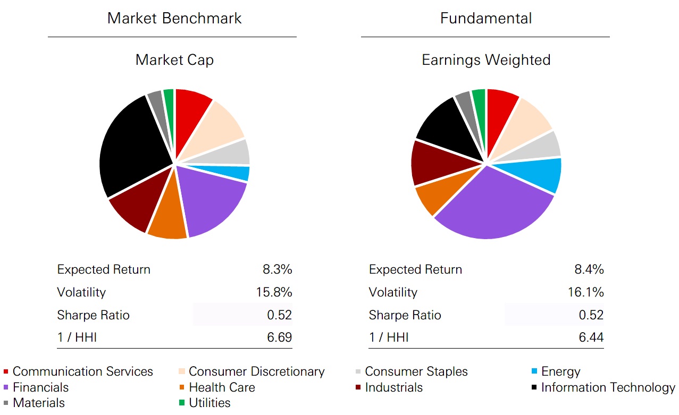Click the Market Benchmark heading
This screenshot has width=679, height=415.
tap(174, 18)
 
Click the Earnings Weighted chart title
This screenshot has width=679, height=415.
tap(486, 60)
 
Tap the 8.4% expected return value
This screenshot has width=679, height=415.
tap(589, 269)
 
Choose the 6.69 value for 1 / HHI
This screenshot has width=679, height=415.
tap(279, 337)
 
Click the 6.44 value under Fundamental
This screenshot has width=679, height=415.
tap(591, 337)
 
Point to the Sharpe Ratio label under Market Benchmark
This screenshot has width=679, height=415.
tap(93, 315)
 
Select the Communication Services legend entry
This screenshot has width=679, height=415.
tap(82, 371)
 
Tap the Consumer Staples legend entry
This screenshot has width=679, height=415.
tap(416, 371)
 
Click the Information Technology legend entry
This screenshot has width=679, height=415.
tap(608, 387)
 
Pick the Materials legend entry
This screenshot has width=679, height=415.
tap(38, 403)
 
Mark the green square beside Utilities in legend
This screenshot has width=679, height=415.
tap(182, 403)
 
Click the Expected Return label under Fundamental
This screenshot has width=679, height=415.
tap(415, 269)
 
